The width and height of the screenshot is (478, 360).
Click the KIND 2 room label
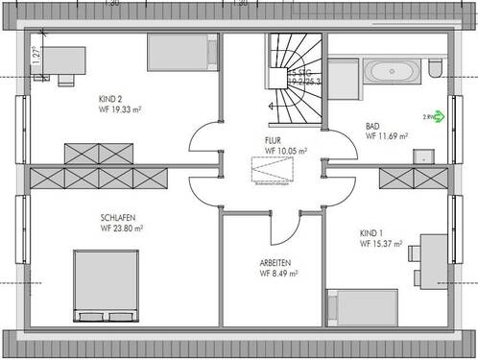(111, 99)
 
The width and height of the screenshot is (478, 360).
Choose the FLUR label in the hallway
(273, 139)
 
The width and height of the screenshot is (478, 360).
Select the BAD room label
(373, 126)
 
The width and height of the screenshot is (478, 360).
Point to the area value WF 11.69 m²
(387, 137)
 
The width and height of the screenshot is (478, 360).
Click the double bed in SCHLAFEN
(104, 285)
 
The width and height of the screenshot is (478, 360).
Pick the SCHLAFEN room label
(117, 216)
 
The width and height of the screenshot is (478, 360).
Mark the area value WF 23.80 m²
(122, 228)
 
